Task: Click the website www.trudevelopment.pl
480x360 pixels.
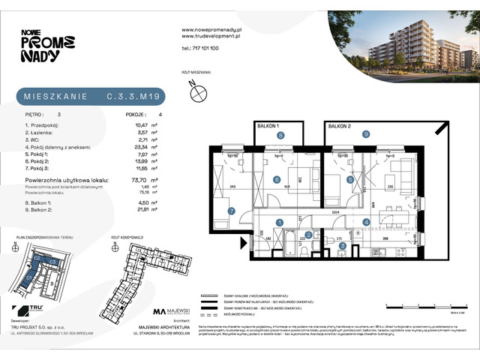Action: [x=210, y=35]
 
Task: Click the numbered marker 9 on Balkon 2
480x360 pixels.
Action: [x=365, y=135]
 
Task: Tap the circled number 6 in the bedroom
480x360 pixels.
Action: [x=277, y=179]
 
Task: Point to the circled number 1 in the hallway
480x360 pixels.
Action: [x=279, y=222]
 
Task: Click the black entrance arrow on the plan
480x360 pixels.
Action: [x=242, y=243]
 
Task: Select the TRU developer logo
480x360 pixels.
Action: [x=33, y=310]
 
